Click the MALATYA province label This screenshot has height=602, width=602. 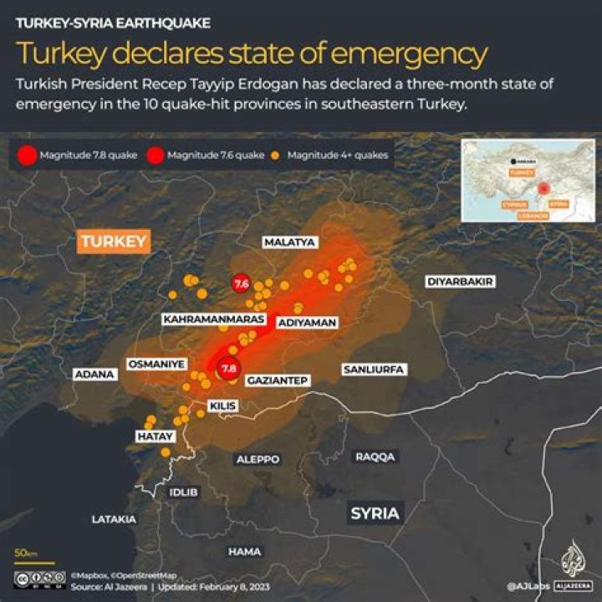click(289, 242)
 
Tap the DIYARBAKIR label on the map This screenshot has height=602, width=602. click(461, 281)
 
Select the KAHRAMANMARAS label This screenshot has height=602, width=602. click(214, 319)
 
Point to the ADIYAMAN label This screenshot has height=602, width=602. click(306, 322)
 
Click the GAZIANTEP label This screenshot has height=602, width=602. click(278, 380)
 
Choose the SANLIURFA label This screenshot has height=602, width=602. click(374, 369)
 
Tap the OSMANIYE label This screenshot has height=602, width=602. click(156, 364)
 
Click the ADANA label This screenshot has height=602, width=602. click(94, 375)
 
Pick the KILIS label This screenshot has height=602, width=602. click(223, 406)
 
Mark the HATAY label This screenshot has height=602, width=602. click(155, 436)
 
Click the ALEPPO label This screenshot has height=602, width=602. click(258, 459)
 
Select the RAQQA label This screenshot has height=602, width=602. click(375, 457)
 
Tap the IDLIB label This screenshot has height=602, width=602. click(184, 492)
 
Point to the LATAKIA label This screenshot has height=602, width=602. click(114, 519)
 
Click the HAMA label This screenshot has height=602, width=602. click(244, 552)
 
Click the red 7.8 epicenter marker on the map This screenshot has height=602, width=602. click(228, 368)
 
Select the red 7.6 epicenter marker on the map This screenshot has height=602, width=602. click(242, 284)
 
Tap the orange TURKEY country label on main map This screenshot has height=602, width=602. click(114, 242)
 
